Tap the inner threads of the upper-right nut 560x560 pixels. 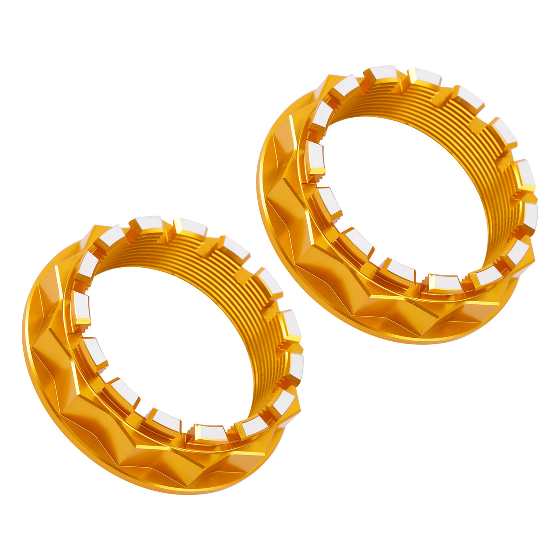tap(486, 144)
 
